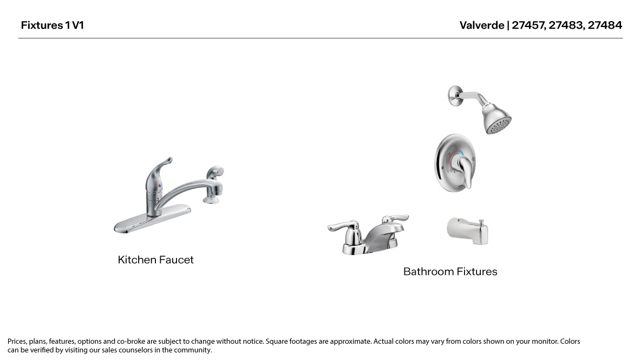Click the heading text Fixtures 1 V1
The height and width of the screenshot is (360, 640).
[53, 25]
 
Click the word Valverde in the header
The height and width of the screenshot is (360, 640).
[481, 25]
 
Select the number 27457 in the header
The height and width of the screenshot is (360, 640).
[528, 25]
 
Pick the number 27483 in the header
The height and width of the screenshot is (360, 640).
[566, 25]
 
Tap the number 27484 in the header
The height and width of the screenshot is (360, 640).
[605, 25]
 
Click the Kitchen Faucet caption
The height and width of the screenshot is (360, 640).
[155, 260]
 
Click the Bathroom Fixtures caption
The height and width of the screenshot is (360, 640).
[450, 272]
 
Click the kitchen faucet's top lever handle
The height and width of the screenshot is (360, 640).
[162, 164]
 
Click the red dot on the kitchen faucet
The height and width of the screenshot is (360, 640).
[159, 186]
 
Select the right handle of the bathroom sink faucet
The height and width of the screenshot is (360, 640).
[395, 219]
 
